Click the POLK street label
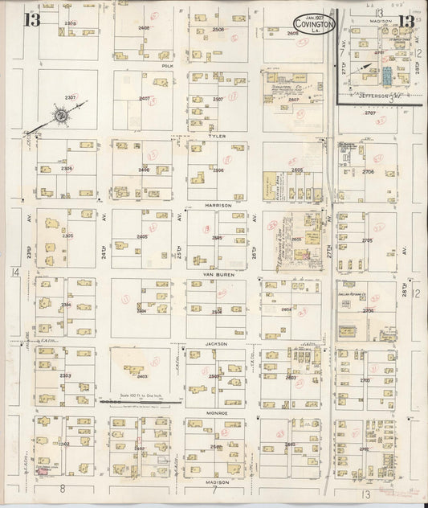(168, 67)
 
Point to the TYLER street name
(217, 137)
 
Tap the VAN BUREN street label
(218, 274)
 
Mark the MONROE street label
(218, 412)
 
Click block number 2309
(70, 23)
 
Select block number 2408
(144, 28)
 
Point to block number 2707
(370, 113)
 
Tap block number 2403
(142, 375)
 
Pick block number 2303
(65, 375)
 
